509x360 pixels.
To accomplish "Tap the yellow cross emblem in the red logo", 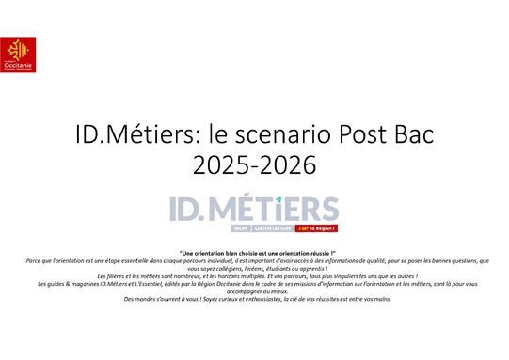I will (14, 48).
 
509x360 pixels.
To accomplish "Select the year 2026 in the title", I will (286, 165).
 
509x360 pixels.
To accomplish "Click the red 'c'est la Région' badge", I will (316, 227).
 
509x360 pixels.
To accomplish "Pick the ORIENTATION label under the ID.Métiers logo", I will (274, 227).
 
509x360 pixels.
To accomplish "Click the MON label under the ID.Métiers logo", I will (243, 227).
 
